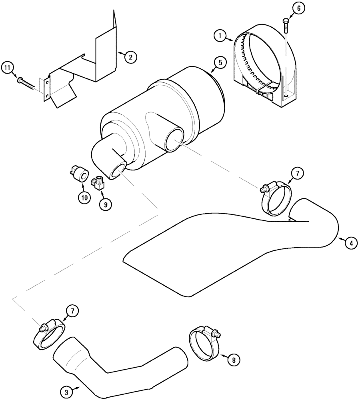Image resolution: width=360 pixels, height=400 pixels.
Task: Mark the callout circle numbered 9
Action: tap(106, 204)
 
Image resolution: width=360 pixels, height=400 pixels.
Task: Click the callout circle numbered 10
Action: tap(84, 198)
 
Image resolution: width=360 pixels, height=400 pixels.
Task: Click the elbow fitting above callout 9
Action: tap(98, 183)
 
